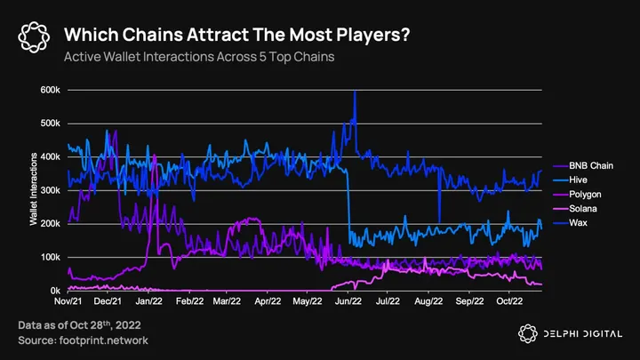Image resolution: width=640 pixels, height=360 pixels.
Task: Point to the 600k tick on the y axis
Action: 50,91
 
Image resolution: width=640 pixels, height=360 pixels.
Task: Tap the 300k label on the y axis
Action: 50,190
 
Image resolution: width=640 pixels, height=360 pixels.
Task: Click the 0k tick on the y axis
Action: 53,291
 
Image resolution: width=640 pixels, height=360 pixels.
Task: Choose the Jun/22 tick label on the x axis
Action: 348,302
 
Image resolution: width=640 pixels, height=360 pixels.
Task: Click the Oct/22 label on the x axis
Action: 509,302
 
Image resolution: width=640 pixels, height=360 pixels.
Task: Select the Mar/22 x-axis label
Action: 228,302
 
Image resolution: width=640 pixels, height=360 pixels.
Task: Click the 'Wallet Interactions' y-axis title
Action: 34,191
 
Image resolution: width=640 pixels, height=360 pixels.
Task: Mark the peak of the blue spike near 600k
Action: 355,92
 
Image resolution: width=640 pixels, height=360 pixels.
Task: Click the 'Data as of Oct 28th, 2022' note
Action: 78,326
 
